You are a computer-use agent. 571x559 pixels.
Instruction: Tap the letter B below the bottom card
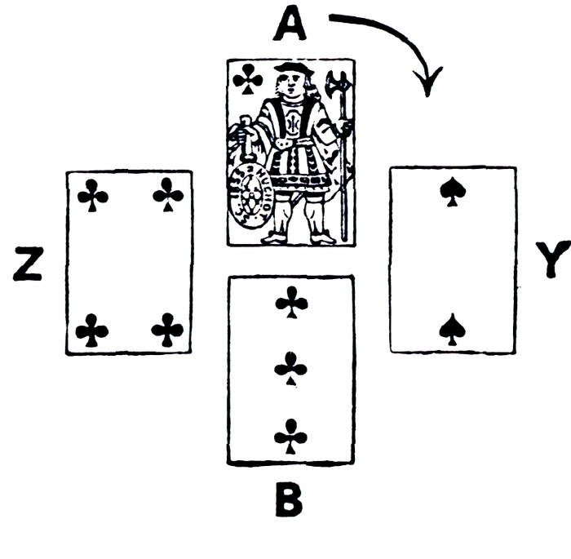click(289, 501)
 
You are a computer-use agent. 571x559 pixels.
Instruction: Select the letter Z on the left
click(29, 263)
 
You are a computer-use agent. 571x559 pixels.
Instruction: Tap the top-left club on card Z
click(92, 195)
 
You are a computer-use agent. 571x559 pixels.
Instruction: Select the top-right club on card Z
click(168, 194)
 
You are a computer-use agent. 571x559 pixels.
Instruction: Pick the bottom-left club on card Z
click(91, 330)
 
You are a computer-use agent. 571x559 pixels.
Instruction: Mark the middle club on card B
click(290, 369)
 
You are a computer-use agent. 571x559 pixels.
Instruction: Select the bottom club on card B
click(290, 436)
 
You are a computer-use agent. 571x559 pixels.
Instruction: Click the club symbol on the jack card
click(247, 79)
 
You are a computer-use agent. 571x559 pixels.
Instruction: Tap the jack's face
click(291, 83)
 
